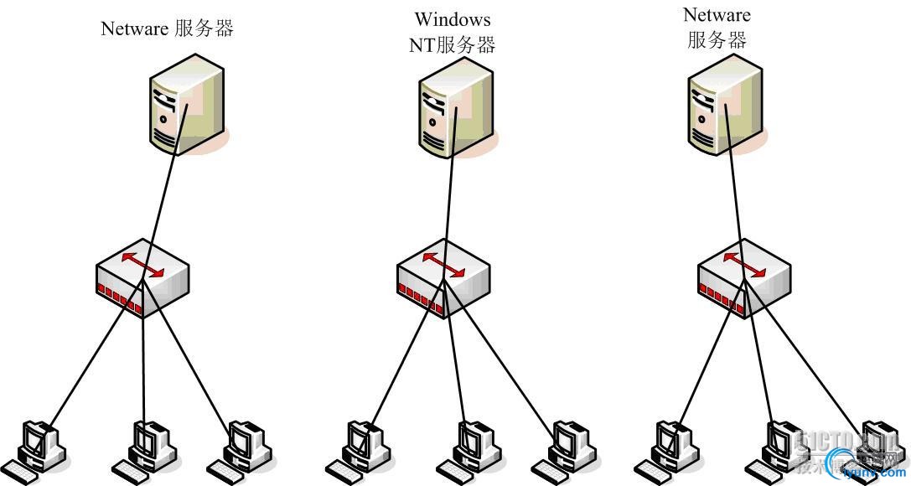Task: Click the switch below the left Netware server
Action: [142, 278]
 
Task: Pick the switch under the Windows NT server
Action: [443, 278]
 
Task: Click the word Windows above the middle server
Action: [453, 18]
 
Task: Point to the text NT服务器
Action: [453, 45]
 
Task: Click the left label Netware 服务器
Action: [167, 28]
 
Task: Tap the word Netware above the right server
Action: [717, 14]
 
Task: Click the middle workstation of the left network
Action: [148, 448]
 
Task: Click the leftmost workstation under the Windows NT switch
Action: [362, 448]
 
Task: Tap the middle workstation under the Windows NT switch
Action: [474, 448]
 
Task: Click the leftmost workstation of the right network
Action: [670, 448]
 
